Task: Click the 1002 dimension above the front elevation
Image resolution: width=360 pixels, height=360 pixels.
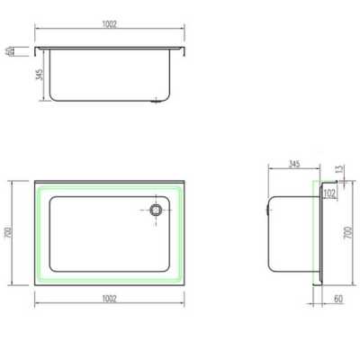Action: tap(109, 24)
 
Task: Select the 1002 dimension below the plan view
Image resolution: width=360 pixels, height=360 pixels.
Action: tap(109, 299)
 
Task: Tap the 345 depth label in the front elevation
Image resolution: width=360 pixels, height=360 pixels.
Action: tap(40, 75)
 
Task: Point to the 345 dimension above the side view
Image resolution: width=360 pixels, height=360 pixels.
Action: tap(294, 164)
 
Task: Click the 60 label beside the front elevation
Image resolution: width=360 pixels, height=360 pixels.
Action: tap(9, 51)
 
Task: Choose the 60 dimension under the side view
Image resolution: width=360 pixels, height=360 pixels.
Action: tap(338, 299)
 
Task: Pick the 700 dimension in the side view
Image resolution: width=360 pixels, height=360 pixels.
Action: tap(347, 232)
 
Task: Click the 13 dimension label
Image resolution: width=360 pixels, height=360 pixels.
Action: tap(339, 169)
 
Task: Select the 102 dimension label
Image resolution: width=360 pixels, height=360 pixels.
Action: tap(329, 193)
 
